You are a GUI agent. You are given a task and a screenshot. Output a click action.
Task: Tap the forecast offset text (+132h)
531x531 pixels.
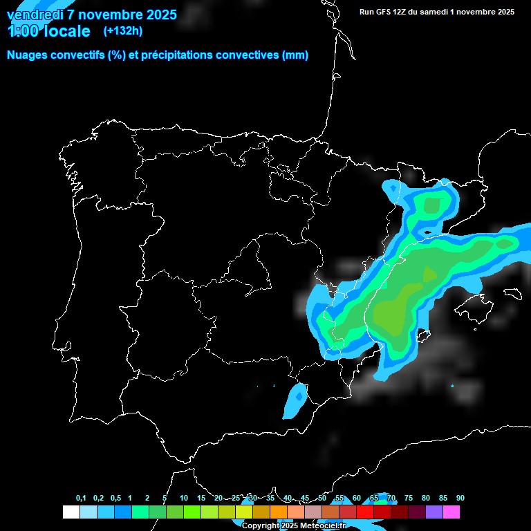[122, 31]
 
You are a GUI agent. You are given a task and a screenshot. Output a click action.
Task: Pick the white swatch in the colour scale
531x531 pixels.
[71, 512]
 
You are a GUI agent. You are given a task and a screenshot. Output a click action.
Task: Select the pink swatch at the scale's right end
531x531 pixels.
[451, 512]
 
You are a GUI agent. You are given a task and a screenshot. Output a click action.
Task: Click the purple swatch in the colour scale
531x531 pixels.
[434, 512]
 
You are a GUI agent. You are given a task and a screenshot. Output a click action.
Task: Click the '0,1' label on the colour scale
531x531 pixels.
[81, 499]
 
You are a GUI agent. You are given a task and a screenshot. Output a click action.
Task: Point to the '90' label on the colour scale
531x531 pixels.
[460, 499]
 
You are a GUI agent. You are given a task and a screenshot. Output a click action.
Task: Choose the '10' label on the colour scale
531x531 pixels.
[184, 499]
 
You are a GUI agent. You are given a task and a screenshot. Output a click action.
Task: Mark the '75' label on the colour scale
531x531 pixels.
[409, 499]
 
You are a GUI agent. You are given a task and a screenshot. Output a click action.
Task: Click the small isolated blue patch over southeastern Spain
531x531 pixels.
[296, 401]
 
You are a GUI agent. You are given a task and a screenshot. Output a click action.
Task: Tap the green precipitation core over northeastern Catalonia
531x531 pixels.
[433, 205]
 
